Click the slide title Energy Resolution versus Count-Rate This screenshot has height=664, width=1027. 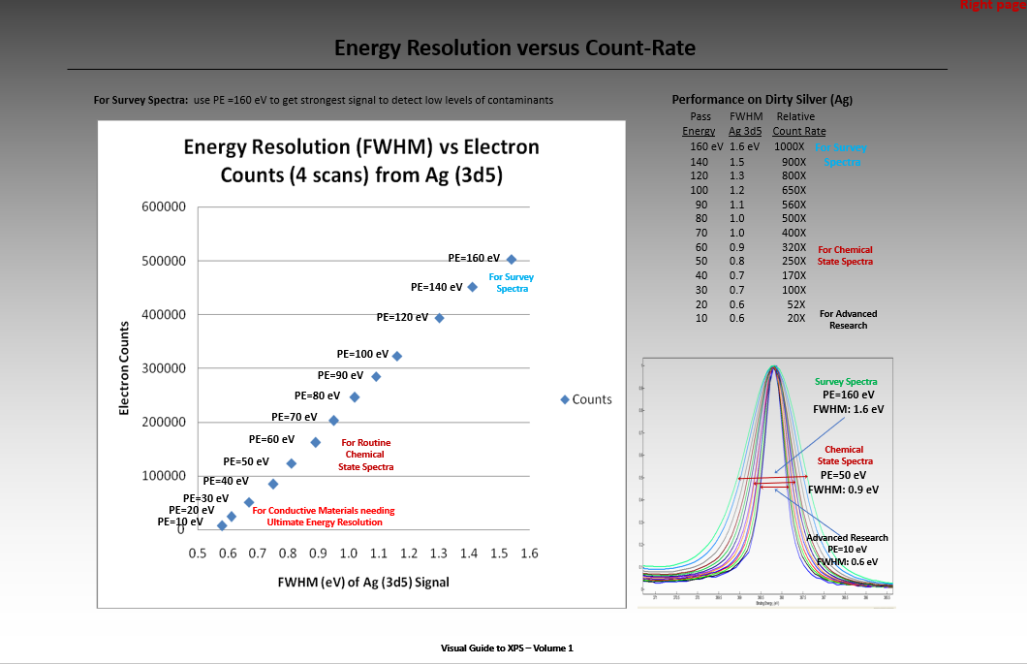point(514,47)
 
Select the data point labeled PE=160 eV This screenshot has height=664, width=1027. point(512,259)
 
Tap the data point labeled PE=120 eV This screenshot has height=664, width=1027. point(439,318)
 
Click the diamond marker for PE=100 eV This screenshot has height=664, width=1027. point(396,356)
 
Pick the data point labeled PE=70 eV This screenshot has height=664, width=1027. point(333,420)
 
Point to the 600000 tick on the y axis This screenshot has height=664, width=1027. point(163,206)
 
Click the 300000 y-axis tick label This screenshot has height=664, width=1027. point(163,368)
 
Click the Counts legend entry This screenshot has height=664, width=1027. point(587,399)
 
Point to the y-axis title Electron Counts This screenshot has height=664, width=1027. point(124,368)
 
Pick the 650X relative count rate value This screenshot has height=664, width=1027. point(794,190)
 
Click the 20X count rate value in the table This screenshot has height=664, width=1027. point(795,318)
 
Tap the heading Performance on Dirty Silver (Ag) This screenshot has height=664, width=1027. point(762,100)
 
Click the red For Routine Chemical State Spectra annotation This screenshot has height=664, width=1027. point(365,455)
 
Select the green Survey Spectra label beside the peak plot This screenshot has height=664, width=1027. point(846,381)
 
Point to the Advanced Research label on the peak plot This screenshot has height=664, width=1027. point(847,537)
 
